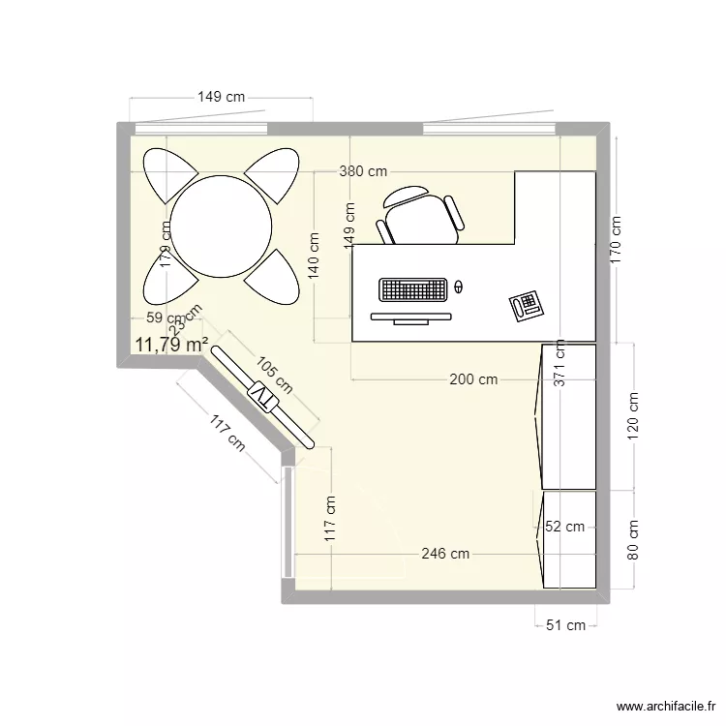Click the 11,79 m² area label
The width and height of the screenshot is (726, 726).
coord(172,345)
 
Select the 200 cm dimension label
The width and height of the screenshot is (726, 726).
coord(473,379)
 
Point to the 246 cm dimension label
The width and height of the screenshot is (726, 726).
coord(445,554)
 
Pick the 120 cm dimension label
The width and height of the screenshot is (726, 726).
coord(634,416)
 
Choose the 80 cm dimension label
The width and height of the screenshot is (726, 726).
coord(634,540)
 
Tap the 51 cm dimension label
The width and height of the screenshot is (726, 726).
coord(565,625)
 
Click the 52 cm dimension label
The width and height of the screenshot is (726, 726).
coord(564,527)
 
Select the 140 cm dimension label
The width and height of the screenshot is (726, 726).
coord(315,255)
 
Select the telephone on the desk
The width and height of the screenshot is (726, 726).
coord(527,306)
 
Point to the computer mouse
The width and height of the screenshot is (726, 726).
coord(459,287)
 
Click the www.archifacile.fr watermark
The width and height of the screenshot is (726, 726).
coord(663,707)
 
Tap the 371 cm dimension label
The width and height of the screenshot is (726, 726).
coord(559,368)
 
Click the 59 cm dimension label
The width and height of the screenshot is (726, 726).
coord(164,318)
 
